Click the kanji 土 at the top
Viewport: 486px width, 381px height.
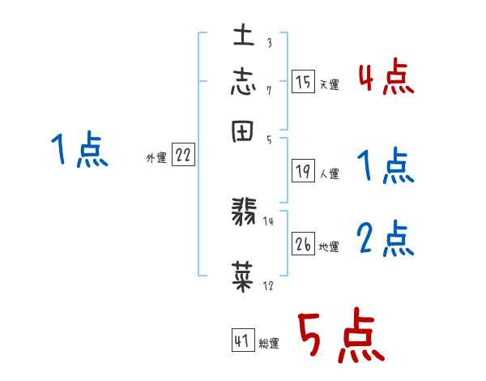point(244,36)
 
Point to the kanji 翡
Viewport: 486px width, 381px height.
point(244,216)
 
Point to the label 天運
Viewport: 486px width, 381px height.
point(329,84)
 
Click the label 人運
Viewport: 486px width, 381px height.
point(329,173)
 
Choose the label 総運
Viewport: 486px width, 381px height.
point(269,344)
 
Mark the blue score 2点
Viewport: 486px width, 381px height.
point(386,238)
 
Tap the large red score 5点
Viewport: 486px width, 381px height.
point(340,336)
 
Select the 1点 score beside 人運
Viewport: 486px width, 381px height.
point(386,166)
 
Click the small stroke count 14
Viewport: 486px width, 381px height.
point(269,220)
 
